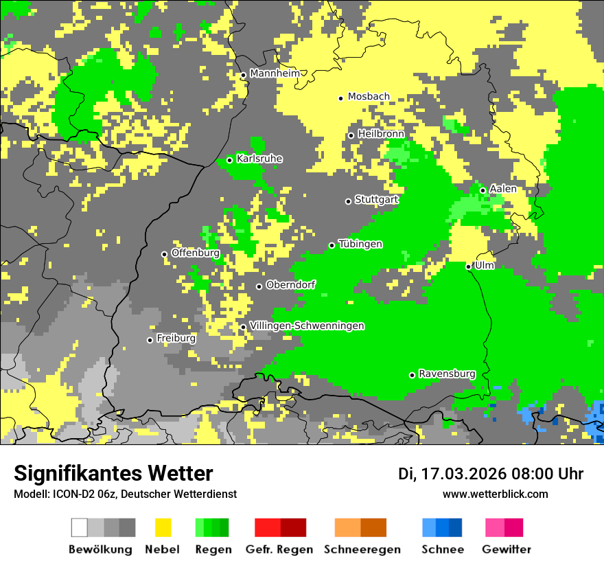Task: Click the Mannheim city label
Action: point(275,73)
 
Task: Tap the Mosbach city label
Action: point(369,97)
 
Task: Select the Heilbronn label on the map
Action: point(381,134)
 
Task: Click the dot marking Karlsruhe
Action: point(230,160)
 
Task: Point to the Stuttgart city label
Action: point(376,200)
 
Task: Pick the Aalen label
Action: point(503,189)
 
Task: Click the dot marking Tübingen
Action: point(332,245)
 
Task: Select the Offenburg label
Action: point(196,253)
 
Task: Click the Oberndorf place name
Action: point(291,285)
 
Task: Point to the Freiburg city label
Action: point(176,339)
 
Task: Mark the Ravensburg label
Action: point(447,374)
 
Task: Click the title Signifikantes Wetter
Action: point(113,474)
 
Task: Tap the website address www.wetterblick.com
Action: point(496,494)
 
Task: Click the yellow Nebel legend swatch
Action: point(163,527)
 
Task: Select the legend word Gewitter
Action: point(507,549)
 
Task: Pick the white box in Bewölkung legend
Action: point(80,527)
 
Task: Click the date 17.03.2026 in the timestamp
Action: point(461,474)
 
